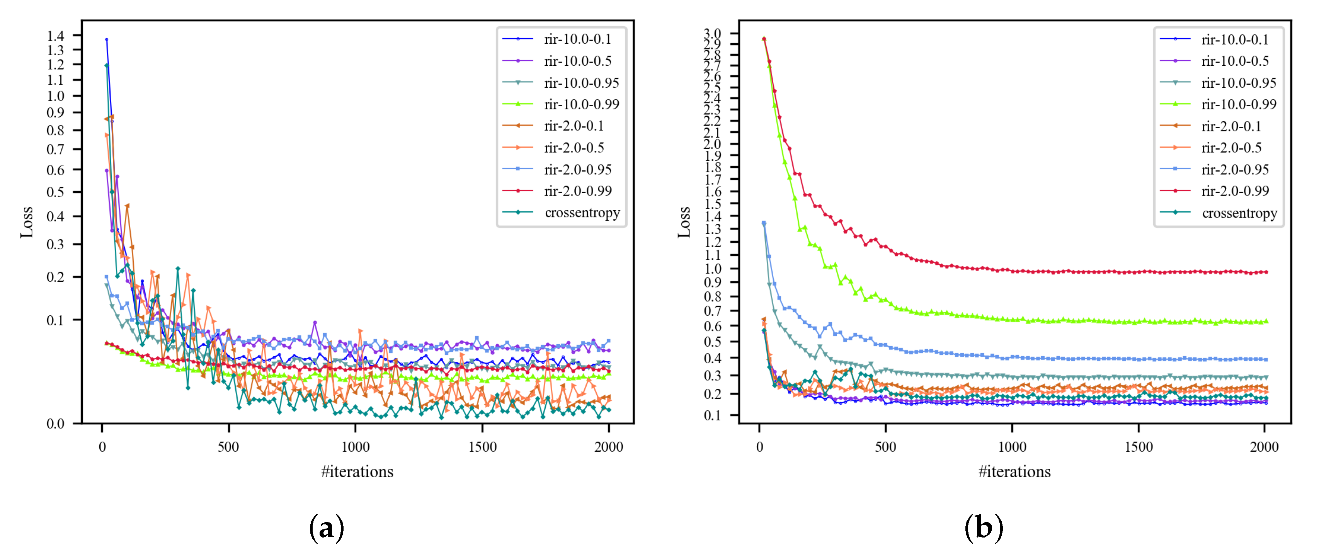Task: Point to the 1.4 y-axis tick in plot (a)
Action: point(55,35)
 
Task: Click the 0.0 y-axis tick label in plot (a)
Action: point(55,424)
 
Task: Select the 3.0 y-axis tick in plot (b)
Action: point(712,33)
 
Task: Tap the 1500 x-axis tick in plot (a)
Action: point(482,447)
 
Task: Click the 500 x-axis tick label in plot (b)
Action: point(885,447)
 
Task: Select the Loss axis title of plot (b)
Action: point(684,222)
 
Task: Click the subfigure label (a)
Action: point(326,528)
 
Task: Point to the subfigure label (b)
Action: point(983,528)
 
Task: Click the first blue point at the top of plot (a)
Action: point(107,39)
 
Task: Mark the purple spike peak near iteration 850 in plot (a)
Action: point(315,323)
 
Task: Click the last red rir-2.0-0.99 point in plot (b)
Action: point(1266,272)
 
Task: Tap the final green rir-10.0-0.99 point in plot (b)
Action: point(1266,322)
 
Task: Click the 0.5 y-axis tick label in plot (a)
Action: point(55,192)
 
